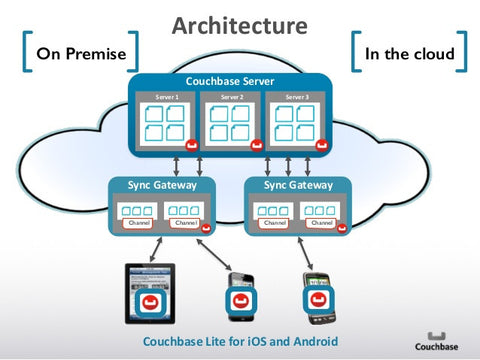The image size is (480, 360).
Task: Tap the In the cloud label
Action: [409, 54]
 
